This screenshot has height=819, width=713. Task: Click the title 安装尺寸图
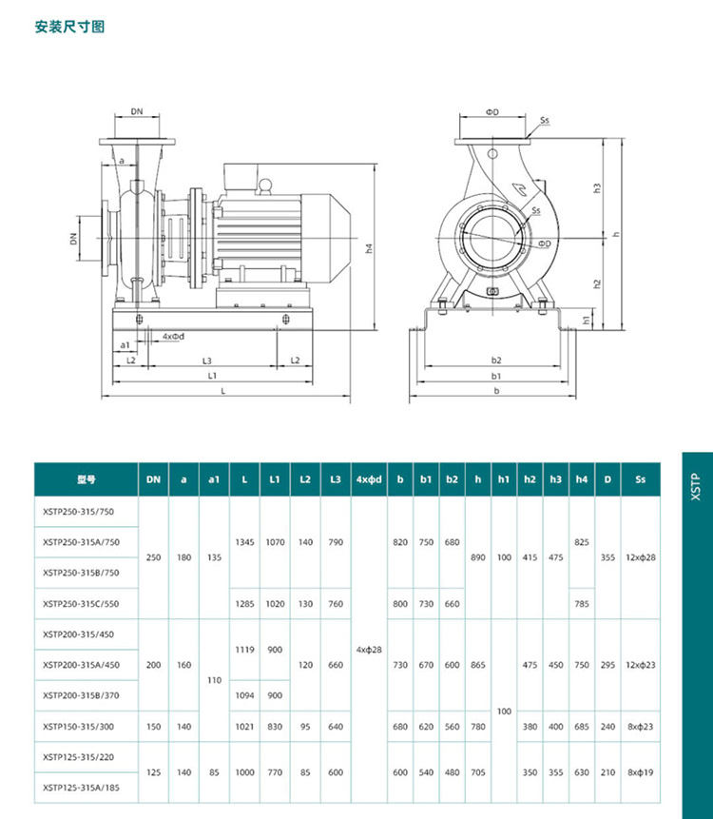tap(69, 27)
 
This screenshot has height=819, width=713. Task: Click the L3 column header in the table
tap(336, 480)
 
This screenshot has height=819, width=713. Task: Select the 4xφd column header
tap(368, 480)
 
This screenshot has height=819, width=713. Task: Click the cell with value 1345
tap(245, 541)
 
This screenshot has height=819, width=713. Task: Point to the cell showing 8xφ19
tap(640, 772)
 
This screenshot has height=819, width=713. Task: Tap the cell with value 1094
tap(245, 695)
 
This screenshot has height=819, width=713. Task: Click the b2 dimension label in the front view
tap(495, 361)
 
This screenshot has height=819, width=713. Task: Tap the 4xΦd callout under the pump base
tap(172, 337)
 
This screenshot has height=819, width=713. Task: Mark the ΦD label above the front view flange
tap(492, 111)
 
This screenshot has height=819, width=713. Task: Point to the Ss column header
tap(640, 480)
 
